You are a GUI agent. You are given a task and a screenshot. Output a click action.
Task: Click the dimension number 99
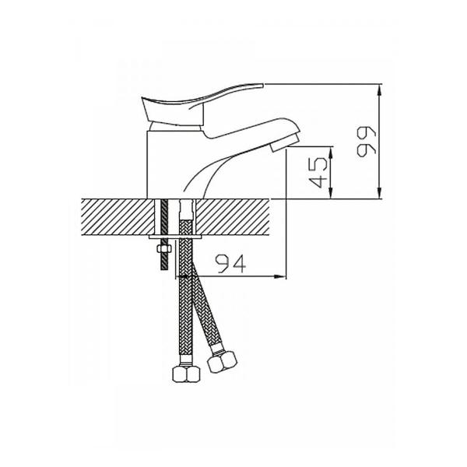pos(367,142)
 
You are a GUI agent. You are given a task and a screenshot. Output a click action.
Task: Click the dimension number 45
pos(318,173)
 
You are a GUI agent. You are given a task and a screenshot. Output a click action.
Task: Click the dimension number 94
pos(232,264)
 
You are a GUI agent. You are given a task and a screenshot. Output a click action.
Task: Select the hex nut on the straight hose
pos(186,374)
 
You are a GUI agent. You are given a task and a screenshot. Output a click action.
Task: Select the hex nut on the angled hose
pos(222,361)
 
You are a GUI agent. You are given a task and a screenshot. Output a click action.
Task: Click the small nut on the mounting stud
pos(164,249)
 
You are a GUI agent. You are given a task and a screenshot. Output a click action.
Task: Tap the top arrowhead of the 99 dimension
pos(379,90)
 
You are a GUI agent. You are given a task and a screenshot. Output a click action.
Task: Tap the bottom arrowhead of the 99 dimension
pos(379,193)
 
